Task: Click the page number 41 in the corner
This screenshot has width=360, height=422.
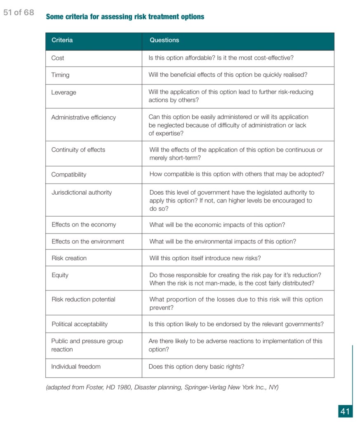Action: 345,411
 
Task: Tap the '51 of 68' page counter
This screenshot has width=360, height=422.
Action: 19,12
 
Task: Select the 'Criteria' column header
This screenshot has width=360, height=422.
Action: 62,40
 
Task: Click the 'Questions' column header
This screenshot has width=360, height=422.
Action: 164,40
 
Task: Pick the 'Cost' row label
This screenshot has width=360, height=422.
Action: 58,58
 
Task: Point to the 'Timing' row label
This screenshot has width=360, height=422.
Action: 60,75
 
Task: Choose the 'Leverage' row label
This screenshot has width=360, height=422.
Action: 64,92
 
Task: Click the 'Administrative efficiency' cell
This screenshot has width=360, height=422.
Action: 83,118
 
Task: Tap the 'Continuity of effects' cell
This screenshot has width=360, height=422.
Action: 78,150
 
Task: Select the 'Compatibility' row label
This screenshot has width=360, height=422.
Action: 68,174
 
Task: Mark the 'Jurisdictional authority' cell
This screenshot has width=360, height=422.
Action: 81,192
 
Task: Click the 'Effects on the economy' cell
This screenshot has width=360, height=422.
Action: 83,225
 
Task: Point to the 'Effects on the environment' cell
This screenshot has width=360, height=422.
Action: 87,242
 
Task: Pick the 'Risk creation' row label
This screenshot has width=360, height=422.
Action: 69,258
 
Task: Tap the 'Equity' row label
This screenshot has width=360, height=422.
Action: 60,275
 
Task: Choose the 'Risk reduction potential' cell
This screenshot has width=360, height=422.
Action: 83,299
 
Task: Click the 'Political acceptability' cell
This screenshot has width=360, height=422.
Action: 79,324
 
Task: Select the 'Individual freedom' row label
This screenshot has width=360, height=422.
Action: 75,366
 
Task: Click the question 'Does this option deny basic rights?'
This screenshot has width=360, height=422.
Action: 196,366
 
